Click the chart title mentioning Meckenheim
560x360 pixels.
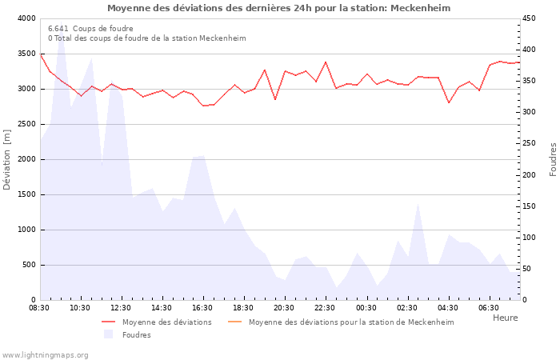278,8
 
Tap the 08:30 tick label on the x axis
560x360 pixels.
39,308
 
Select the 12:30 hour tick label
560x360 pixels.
121,308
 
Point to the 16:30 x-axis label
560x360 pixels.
202,308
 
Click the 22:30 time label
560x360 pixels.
325,308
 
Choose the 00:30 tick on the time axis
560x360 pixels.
366,308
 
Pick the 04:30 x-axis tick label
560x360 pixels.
447,308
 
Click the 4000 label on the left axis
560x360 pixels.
26,18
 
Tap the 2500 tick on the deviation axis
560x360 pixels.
26,124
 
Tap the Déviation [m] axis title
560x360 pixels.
7,159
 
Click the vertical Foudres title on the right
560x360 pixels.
553,159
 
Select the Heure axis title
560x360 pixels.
505,318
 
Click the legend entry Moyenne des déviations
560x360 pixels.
166,322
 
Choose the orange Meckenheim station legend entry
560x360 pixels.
350,322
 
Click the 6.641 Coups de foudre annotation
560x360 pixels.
90,28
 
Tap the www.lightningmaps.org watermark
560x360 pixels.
45,355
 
